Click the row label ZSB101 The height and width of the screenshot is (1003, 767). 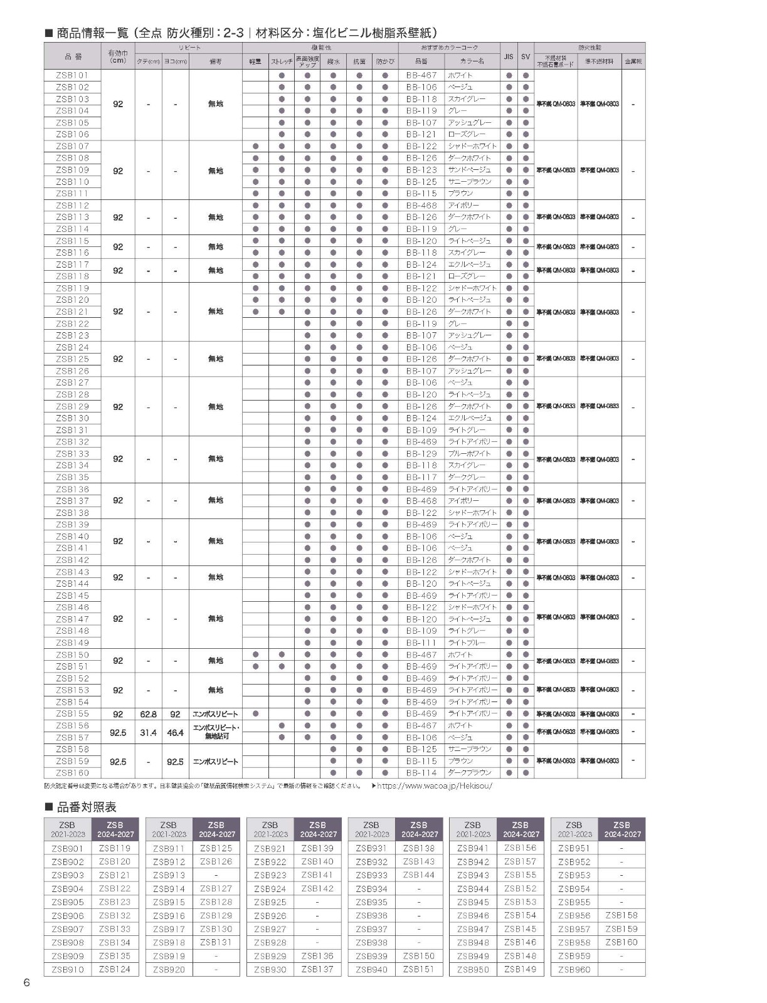pos(73,75)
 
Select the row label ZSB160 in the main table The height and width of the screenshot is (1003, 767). pos(73,773)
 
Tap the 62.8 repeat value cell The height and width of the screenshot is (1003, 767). pos(148,714)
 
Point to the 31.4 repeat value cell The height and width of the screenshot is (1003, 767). pos(148,732)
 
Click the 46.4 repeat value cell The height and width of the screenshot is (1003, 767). pos(175,732)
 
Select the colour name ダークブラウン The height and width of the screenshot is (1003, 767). pos(470,773)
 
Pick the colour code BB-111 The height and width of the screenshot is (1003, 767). pos(421,643)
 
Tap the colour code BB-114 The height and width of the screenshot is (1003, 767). pos(421,773)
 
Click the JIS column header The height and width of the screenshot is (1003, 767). pos(509,56)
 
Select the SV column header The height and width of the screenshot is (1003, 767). pos(526,56)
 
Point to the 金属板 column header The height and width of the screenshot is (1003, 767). pos(633,61)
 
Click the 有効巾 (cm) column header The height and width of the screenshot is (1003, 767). pos(118,56)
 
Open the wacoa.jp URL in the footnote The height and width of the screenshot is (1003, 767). pos(435,786)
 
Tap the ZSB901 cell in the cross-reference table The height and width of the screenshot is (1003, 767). pos(68,848)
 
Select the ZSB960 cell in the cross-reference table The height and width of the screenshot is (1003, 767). pos(574,970)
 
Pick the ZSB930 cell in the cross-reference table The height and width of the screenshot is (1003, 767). pos(270,970)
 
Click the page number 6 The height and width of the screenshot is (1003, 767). pos(26,982)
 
